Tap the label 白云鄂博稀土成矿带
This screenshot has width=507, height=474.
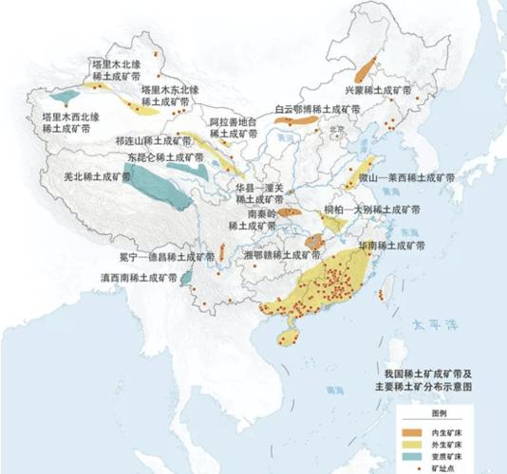[317, 109]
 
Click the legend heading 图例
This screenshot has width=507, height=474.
[440, 415]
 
